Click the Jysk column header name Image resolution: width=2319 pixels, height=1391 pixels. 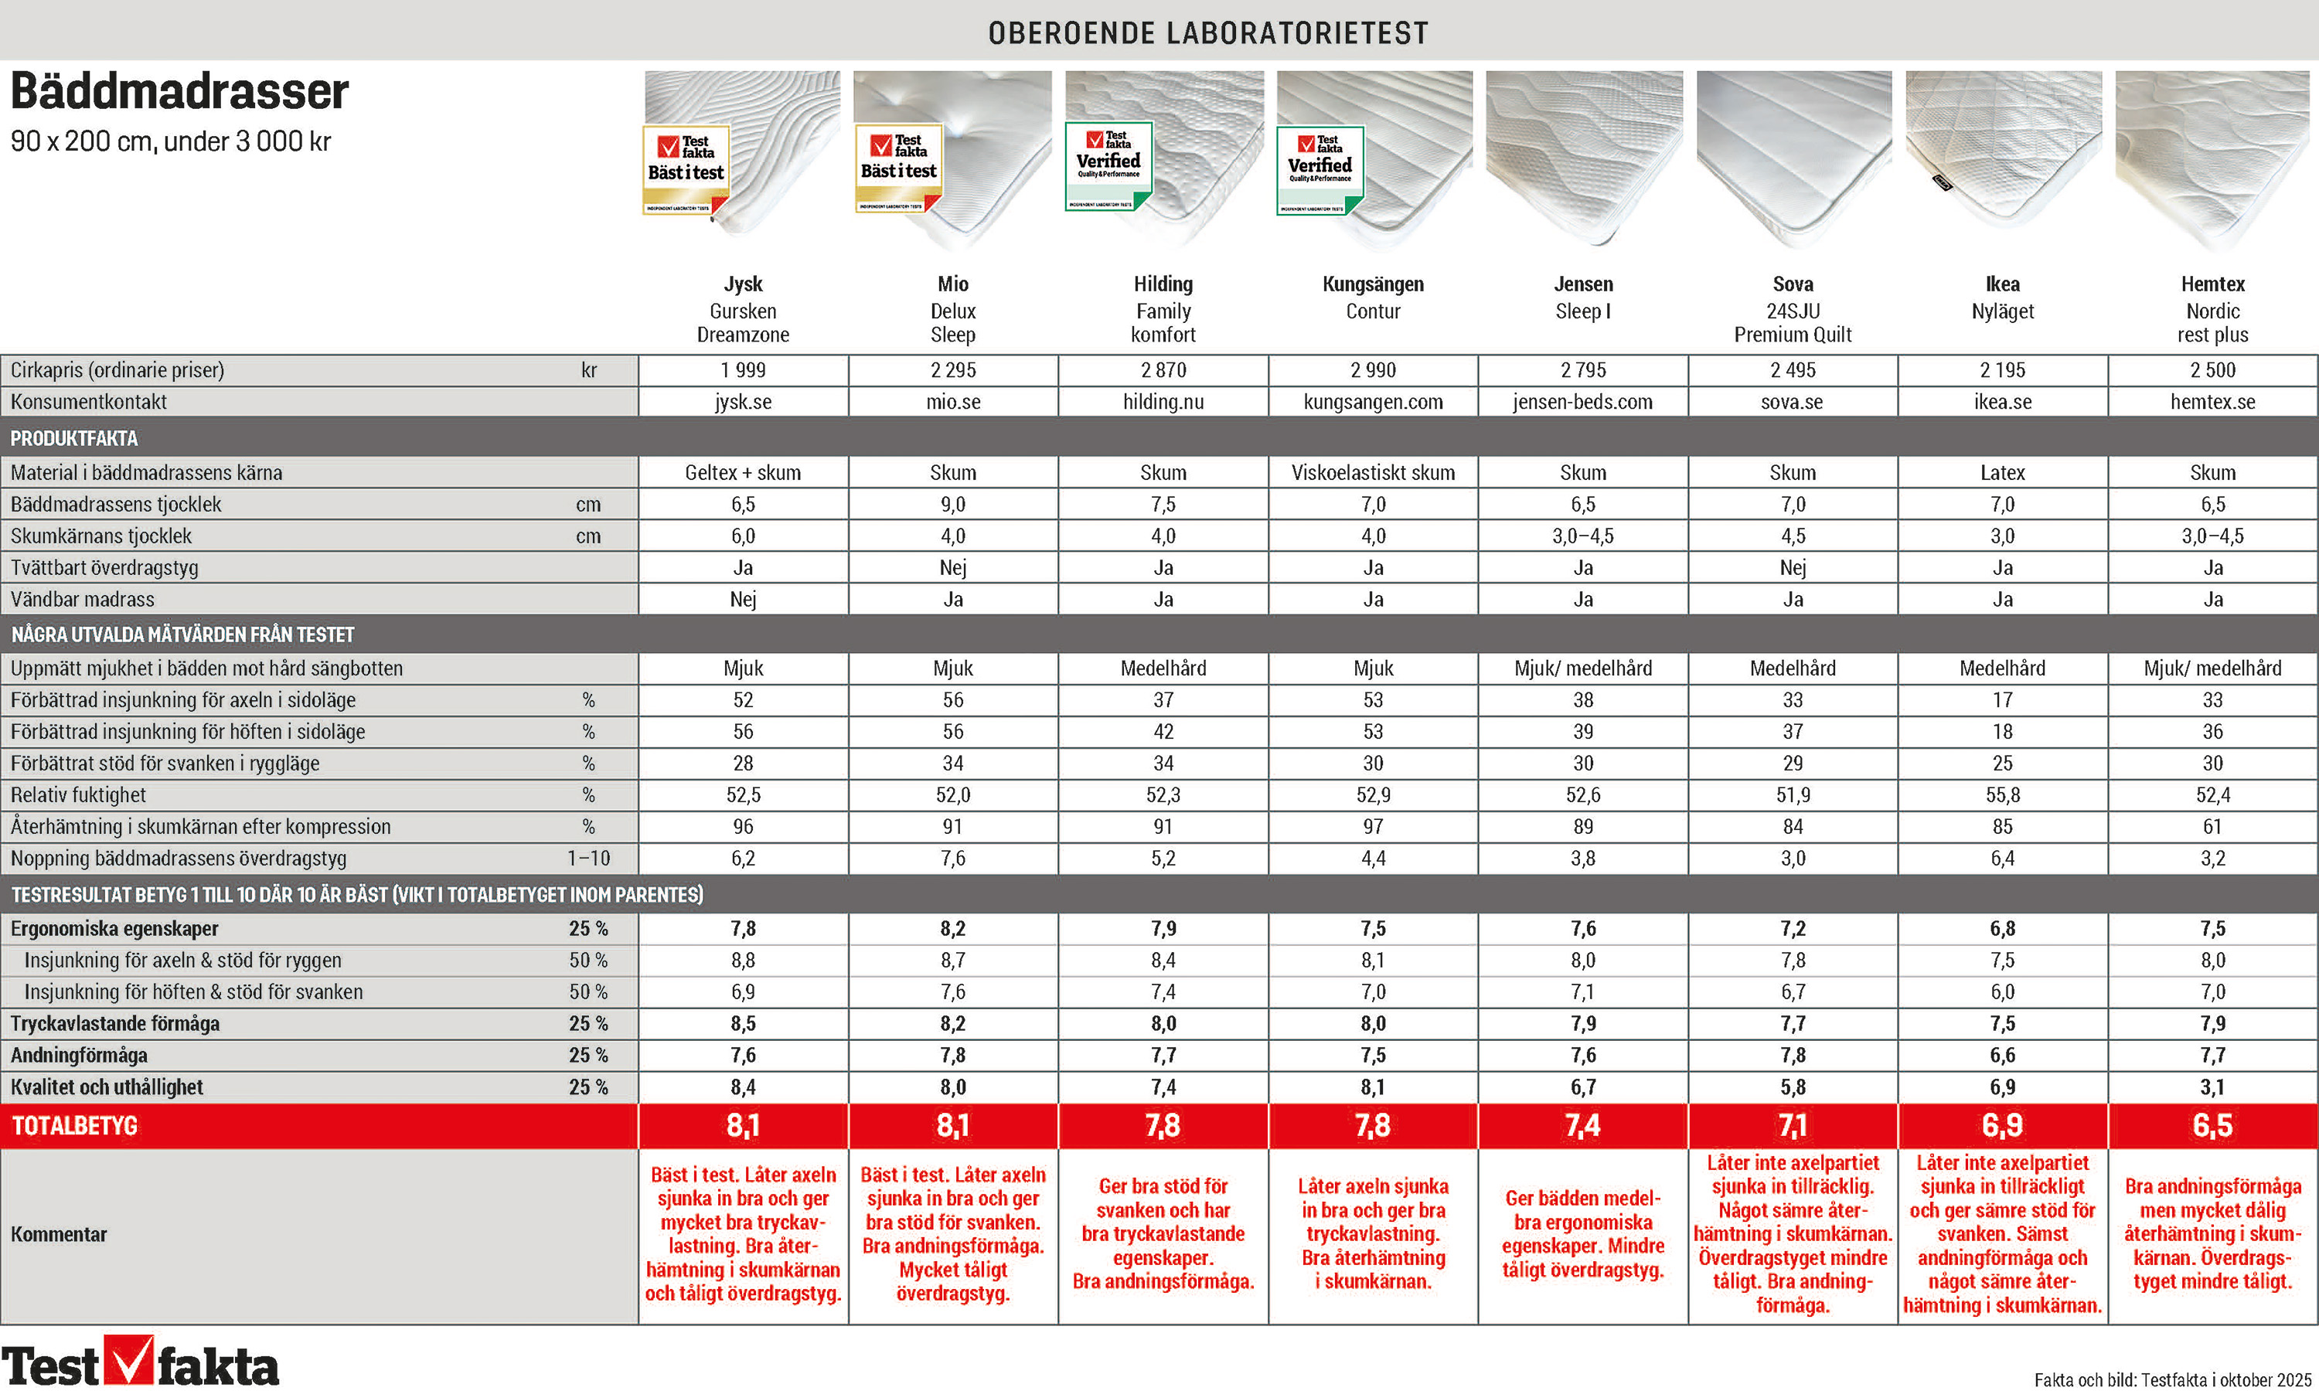pyautogui.click(x=742, y=284)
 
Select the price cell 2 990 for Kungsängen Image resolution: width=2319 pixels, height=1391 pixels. pyautogui.click(x=1372, y=370)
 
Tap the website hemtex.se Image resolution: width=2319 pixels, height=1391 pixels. pyautogui.click(x=2212, y=402)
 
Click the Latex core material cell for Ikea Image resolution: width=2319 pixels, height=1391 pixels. pyautogui.click(x=2002, y=472)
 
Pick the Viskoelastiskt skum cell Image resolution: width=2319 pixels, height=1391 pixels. pyautogui.click(x=1372, y=472)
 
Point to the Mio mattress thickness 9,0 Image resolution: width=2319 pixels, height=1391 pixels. pyautogui.click(x=952, y=505)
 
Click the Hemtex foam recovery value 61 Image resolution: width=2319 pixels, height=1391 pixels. pyautogui.click(x=2212, y=827)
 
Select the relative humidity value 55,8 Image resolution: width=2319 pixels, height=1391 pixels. pyautogui.click(x=2002, y=795)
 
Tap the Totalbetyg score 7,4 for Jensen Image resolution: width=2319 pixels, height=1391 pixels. pyautogui.click(x=1582, y=1125)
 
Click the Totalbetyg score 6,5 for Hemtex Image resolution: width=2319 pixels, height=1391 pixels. pyautogui.click(x=2212, y=1125)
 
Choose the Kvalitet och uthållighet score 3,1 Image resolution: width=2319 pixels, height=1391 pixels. pyautogui.click(x=2212, y=1087)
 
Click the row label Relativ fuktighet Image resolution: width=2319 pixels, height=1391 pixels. pyautogui.click(x=79, y=795)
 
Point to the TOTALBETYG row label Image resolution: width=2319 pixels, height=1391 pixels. pyautogui.click(x=74, y=1126)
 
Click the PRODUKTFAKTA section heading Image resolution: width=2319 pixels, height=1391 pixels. pyautogui.click(x=74, y=437)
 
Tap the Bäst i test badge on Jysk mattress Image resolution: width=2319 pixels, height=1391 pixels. pyautogui.click(x=686, y=168)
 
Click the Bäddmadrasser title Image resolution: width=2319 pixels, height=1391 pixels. pyautogui.click(x=179, y=92)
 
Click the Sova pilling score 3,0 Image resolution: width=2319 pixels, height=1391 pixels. pyautogui.click(x=1793, y=859)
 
